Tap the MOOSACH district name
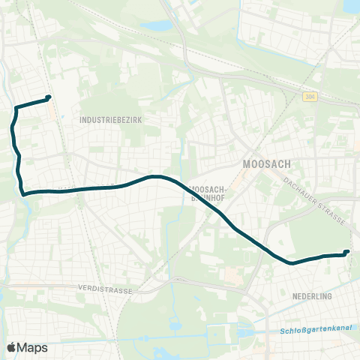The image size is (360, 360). coord(267,163)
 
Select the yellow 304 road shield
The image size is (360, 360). coord(310,97)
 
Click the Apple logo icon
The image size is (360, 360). coord(11,347)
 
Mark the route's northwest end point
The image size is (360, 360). coord(49,97)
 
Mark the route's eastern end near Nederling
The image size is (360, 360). coord(346,253)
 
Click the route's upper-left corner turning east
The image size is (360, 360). coord(15,108)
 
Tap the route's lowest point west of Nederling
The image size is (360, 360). coord(290,262)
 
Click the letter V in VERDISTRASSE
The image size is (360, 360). coord(80,287)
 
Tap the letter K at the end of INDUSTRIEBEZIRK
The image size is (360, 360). coord(140,119)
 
